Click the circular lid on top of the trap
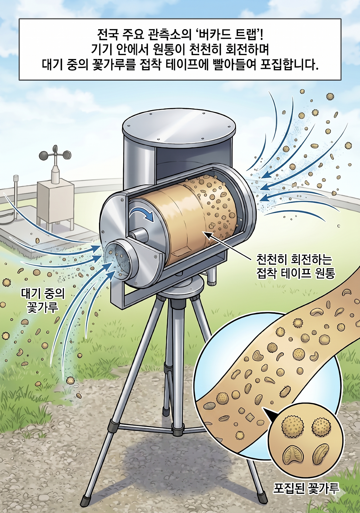click(x=179, y=125)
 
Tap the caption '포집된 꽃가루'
click(x=306, y=489)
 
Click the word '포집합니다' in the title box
click(x=289, y=65)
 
